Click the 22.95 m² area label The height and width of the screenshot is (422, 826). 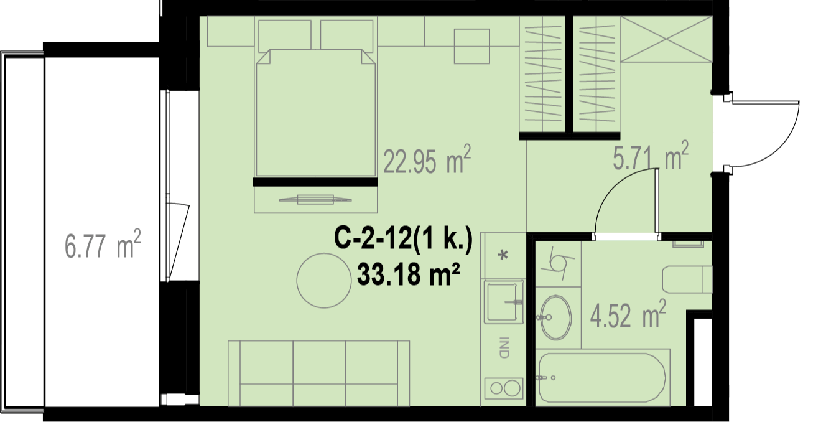click(x=427, y=160)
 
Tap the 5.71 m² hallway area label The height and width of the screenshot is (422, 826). click(x=651, y=156)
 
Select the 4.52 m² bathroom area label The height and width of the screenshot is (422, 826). click(x=628, y=315)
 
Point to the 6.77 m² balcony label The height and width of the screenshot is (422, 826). click(x=103, y=244)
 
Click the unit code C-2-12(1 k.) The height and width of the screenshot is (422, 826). click(x=403, y=239)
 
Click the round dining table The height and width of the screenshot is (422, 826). click(x=324, y=281)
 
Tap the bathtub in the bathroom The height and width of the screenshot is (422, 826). click(x=602, y=378)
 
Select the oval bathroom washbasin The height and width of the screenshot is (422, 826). click(x=555, y=317)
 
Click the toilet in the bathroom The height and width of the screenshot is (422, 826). click(x=687, y=279)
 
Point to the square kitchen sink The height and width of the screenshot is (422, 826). click(x=504, y=302)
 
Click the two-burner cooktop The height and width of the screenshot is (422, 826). click(x=504, y=388)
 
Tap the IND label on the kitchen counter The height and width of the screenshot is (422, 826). click(x=503, y=347)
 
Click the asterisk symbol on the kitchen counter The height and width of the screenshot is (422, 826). click(x=503, y=255)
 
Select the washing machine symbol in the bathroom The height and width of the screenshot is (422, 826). click(x=559, y=264)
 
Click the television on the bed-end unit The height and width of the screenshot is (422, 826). click(x=315, y=200)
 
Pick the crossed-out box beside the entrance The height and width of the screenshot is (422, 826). click(x=666, y=39)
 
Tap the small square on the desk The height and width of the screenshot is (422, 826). click(x=471, y=47)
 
